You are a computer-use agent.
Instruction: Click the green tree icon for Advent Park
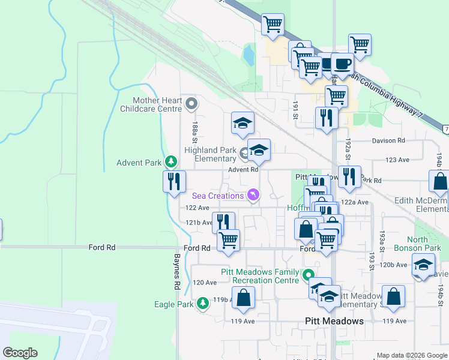(171, 162)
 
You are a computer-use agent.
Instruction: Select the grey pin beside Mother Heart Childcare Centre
(191, 104)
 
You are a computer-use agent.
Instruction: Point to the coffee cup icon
(342, 63)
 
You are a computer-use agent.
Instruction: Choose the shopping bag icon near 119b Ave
(243, 298)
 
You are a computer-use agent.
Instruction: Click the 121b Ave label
(198, 223)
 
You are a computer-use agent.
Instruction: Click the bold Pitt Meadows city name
(334, 321)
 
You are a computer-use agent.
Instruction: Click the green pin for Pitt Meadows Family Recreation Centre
(309, 276)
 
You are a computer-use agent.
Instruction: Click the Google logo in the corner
(20, 353)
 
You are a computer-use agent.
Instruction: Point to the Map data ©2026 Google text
(411, 355)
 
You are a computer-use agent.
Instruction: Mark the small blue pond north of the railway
(248, 56)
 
